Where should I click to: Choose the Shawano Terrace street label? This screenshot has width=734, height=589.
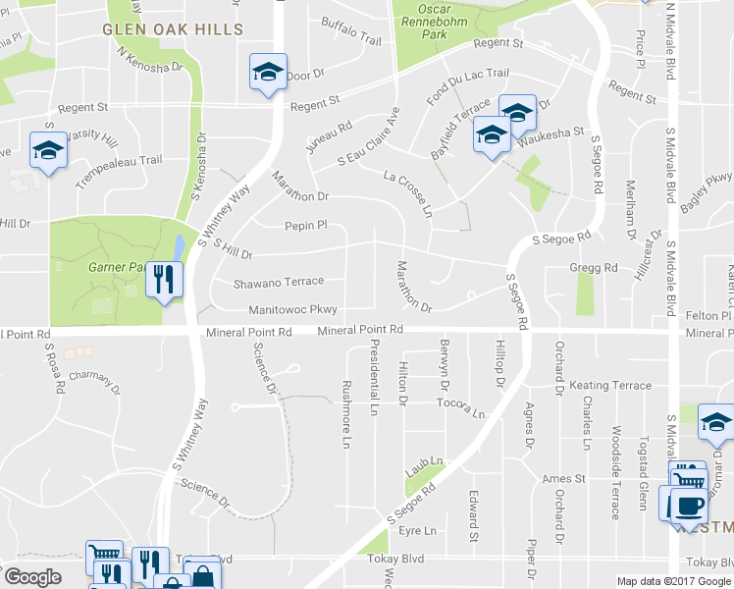click(278, 283)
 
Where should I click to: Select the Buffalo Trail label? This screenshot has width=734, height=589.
click(350, 38)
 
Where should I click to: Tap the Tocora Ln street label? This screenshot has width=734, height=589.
click(461, 407)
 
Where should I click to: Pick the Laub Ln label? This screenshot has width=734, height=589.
click(425, 461)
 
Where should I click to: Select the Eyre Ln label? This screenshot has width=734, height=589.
click(417, 531)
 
